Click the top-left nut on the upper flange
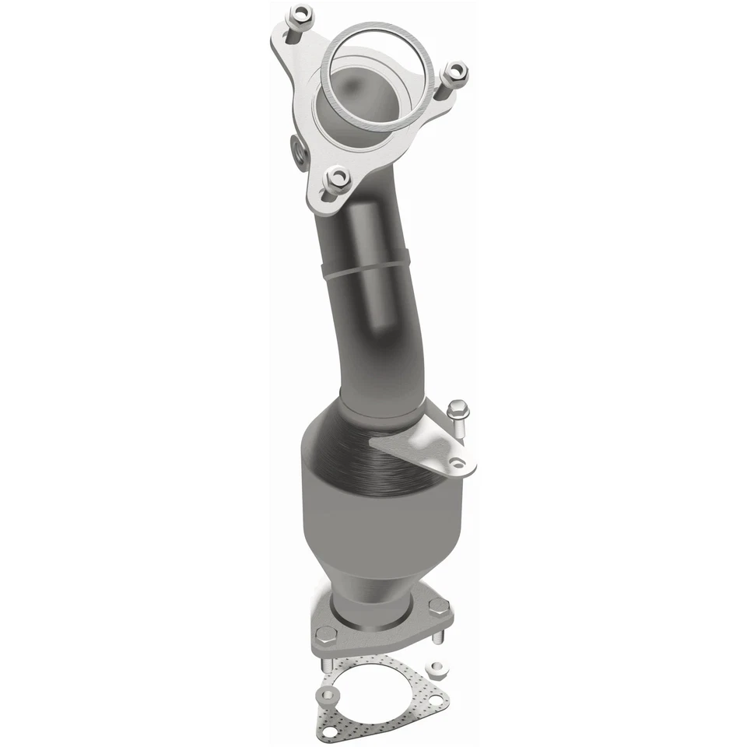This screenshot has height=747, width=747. [x=299, y=14]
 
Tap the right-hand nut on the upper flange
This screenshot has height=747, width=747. [x=455, y=74]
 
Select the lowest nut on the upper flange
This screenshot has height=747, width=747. [x=336, y=178]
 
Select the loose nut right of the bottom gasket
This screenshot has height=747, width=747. [x=441, y=668]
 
